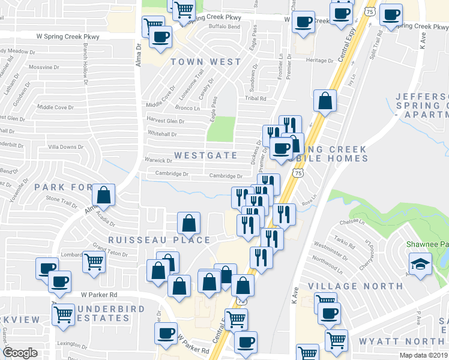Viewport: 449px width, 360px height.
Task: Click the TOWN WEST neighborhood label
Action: coord(206,62)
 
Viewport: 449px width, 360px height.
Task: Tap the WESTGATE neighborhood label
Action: coord(206,155)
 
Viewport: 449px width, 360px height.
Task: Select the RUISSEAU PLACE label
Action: coord(159,240)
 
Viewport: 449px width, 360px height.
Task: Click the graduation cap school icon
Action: coord(420,263)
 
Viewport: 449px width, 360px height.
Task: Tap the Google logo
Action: coord(20,353)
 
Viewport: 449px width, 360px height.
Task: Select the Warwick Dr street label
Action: coord(158,160)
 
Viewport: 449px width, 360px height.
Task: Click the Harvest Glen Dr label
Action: coord(166,121)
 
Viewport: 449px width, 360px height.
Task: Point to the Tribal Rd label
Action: coord(255,98)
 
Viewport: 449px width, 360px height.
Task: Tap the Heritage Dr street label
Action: coord(319,61)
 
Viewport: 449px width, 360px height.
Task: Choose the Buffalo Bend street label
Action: coord(224,27)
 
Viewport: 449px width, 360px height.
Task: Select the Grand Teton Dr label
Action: coord(107,246)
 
